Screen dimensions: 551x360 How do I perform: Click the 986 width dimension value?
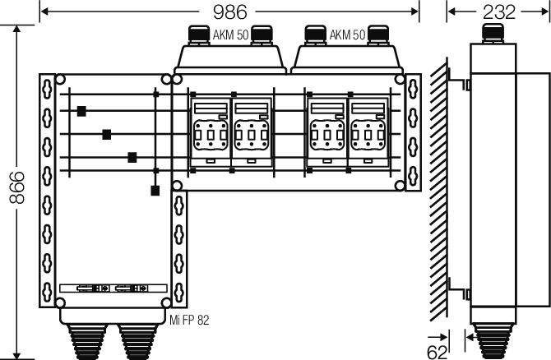[x=229, y=12]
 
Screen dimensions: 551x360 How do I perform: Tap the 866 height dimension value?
[x=17, y=187]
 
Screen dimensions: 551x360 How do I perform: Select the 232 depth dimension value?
[x=498, y=12]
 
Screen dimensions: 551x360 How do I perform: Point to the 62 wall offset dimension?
[x=438, y=352]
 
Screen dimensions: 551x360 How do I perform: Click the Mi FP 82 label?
[x=189, y=320]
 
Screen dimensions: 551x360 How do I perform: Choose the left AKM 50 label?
[x=230, y=35]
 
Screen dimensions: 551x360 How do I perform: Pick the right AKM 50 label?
[x=347, y=35]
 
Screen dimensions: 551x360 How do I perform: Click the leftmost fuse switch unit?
[x=211, y=132]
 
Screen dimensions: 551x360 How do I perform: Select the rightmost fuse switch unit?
[x=368, y=132]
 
